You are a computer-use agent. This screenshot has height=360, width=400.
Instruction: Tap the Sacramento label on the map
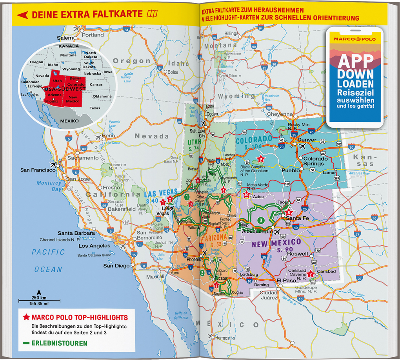pyautogui.click(x=82, y=157)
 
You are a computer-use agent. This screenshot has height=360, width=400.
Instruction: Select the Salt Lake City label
pyautogui.click(x=198, y=133)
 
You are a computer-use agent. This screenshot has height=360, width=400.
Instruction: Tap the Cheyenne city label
pyautogui.click(x=280, y=114)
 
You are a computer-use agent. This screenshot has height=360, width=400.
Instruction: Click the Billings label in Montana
pyautogui.click(x=231, y=33)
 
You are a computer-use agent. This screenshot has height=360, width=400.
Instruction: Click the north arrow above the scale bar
pyautogui.click(x=38, y=292)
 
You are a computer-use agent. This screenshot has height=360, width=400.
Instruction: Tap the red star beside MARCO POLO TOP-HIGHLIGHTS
pyautogui.click(x=26, y=317)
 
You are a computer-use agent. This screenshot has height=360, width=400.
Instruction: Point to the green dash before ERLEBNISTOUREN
pyautogui.click(x=26, y=343)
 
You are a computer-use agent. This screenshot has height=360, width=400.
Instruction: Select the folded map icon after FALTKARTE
pyautogui.click(x=151, y=14)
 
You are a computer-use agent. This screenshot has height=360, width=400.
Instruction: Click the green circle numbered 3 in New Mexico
pyautogui.click(x=261, y=220)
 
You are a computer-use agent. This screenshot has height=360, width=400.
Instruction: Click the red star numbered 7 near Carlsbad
pyautogui.click(x=311, y=274)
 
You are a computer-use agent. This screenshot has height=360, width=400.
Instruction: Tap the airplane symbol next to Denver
pyautogui.click(x=302, y=146)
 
